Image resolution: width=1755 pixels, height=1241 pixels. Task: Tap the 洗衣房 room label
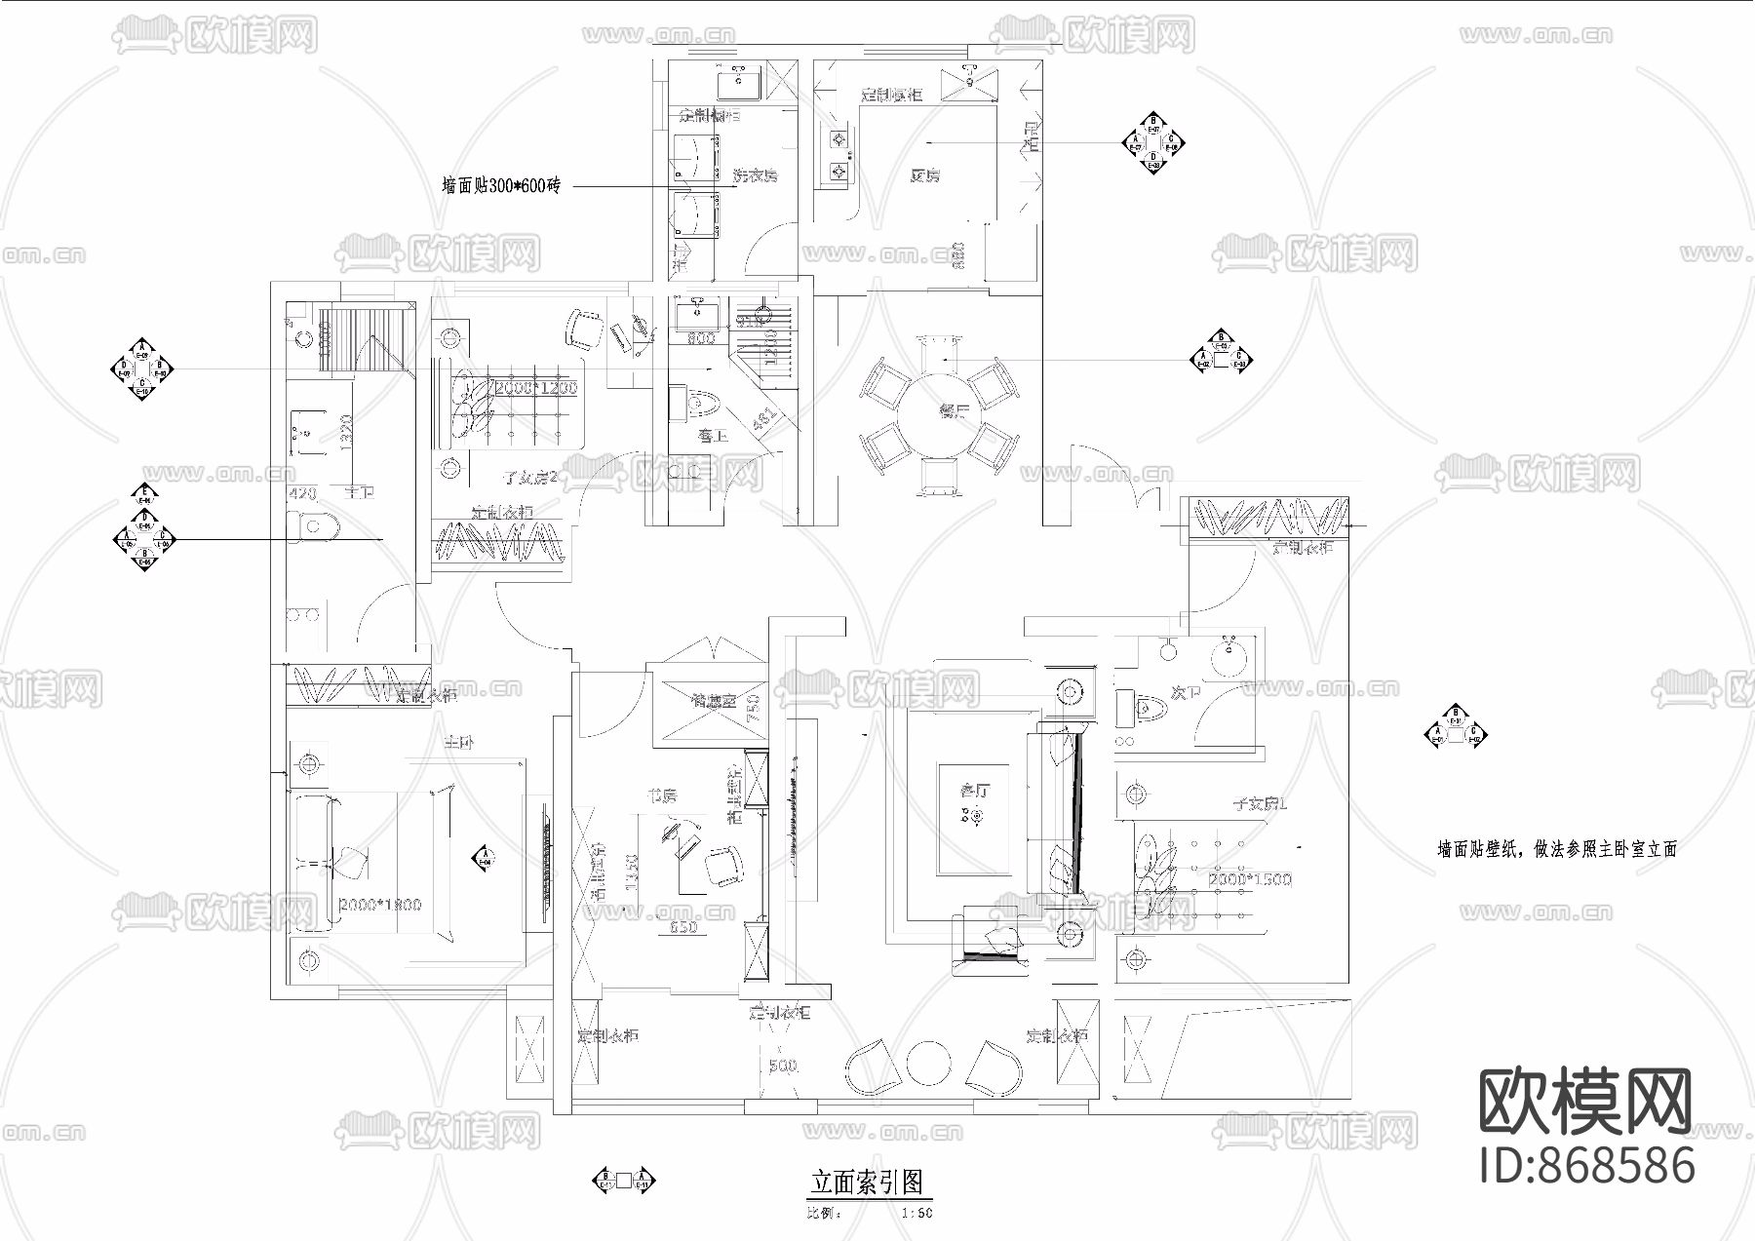pos(755,176)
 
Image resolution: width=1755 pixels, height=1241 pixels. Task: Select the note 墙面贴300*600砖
pos(501,186)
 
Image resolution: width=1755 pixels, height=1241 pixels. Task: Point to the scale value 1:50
pos(916,1214)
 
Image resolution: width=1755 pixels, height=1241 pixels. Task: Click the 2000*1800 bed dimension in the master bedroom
pos(379,905)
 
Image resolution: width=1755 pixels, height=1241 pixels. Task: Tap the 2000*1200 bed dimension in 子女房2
pos(536,388)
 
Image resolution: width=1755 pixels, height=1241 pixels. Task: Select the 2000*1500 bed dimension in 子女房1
pos(1250,879)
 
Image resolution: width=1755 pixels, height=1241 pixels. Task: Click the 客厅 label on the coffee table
pos(974,792)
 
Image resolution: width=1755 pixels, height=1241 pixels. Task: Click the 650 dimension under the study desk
pos(683,928)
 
